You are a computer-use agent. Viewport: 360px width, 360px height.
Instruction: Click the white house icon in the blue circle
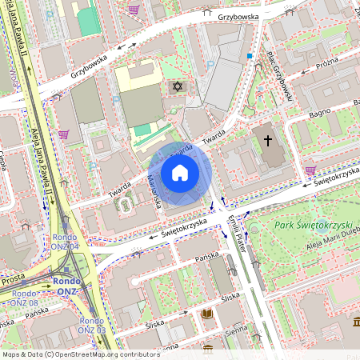coord(180,173)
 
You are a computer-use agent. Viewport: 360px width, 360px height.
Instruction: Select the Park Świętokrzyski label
coord(311,226)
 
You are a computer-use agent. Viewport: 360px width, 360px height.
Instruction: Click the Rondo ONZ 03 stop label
coord(91,325)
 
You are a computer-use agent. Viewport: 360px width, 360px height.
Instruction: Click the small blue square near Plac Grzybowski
coord(250,56)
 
